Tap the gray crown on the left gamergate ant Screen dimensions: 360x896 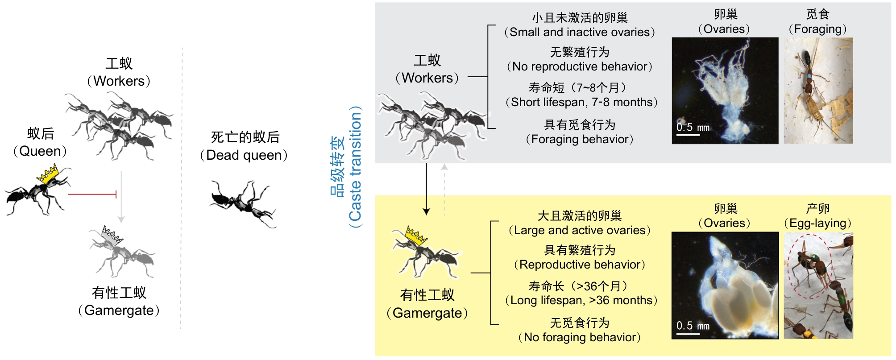111,235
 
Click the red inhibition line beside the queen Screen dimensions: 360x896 92,194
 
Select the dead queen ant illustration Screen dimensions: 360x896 243,203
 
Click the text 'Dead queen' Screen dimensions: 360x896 244,155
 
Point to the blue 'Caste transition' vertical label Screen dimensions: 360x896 355,166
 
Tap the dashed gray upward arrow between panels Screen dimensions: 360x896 444,189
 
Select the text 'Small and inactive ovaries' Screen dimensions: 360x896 580,33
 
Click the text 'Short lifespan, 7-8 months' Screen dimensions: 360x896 581,103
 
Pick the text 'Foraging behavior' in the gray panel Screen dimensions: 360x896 580,140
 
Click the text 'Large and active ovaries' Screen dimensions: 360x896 580,231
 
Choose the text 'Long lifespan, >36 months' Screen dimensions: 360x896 581,301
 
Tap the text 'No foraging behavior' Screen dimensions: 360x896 580,338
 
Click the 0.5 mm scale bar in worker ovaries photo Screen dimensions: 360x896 688,134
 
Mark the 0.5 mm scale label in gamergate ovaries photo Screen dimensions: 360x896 693,326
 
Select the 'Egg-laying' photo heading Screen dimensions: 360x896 818,223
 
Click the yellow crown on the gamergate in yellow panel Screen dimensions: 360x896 415,236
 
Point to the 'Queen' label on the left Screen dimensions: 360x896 40,151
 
